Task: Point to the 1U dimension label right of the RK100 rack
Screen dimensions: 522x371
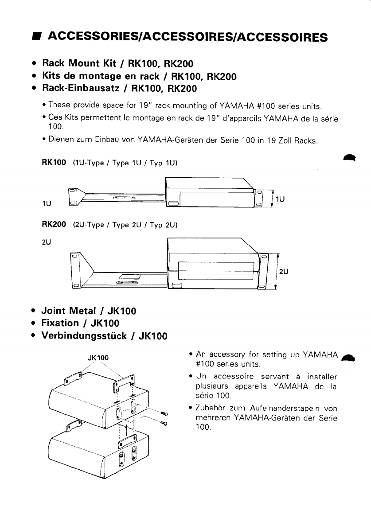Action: [x=280, y=199]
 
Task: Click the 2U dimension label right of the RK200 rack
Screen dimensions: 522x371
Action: [x=284, y=272]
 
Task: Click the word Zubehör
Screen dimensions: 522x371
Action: [x=209, y=408]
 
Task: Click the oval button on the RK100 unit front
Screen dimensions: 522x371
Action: [x=172, y=204]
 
